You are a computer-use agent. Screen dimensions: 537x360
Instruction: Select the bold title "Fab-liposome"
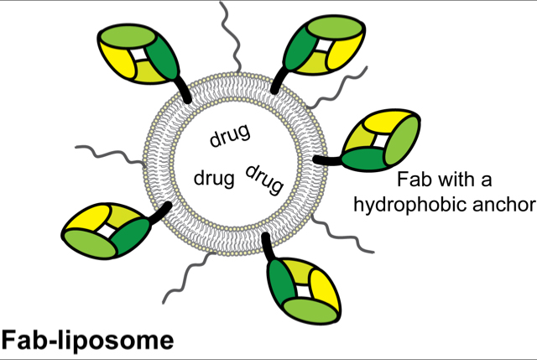click(x=87, y=341)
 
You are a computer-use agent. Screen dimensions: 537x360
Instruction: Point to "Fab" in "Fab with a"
click(x=412, y=179)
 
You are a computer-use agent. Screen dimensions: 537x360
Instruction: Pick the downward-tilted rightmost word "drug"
click(x=264, y=179)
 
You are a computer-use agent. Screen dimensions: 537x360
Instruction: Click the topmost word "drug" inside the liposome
click(x=230, y=135)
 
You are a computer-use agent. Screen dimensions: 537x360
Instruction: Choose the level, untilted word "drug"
click(x=214, y=179)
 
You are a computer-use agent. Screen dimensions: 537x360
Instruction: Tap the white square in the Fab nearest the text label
click(x=379, y=140)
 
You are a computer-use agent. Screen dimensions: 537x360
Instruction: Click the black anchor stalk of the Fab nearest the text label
click(x=327, y=160)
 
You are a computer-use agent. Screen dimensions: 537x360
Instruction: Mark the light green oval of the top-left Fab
click(x=128, y=36)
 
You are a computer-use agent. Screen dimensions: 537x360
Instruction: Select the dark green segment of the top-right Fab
click(x=299, y=49)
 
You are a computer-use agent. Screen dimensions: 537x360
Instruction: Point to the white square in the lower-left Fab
click(x=106, y=232)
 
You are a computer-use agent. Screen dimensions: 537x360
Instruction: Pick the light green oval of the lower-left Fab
click(x=90, y=243)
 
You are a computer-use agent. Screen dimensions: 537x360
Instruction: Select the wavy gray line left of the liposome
click(x=110, y=154)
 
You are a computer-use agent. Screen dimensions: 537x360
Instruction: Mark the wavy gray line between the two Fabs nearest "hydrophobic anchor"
click(x=342, y=233)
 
